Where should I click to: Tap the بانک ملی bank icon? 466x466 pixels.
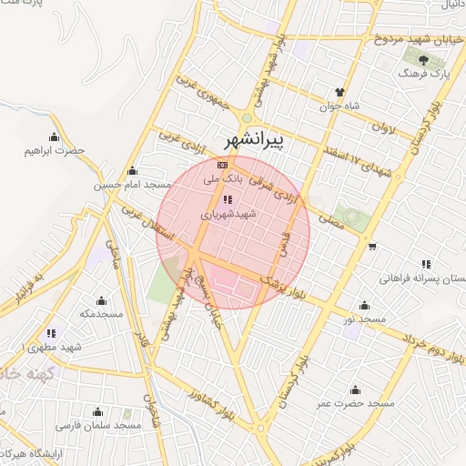point(223,165)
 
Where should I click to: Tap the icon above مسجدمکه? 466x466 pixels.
point(101,300)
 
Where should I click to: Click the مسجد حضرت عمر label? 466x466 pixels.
point(355,403)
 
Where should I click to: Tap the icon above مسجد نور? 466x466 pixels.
point(365,306)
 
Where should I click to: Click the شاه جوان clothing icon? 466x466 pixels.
point(340,92)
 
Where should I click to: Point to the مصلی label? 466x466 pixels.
point(330,216)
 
